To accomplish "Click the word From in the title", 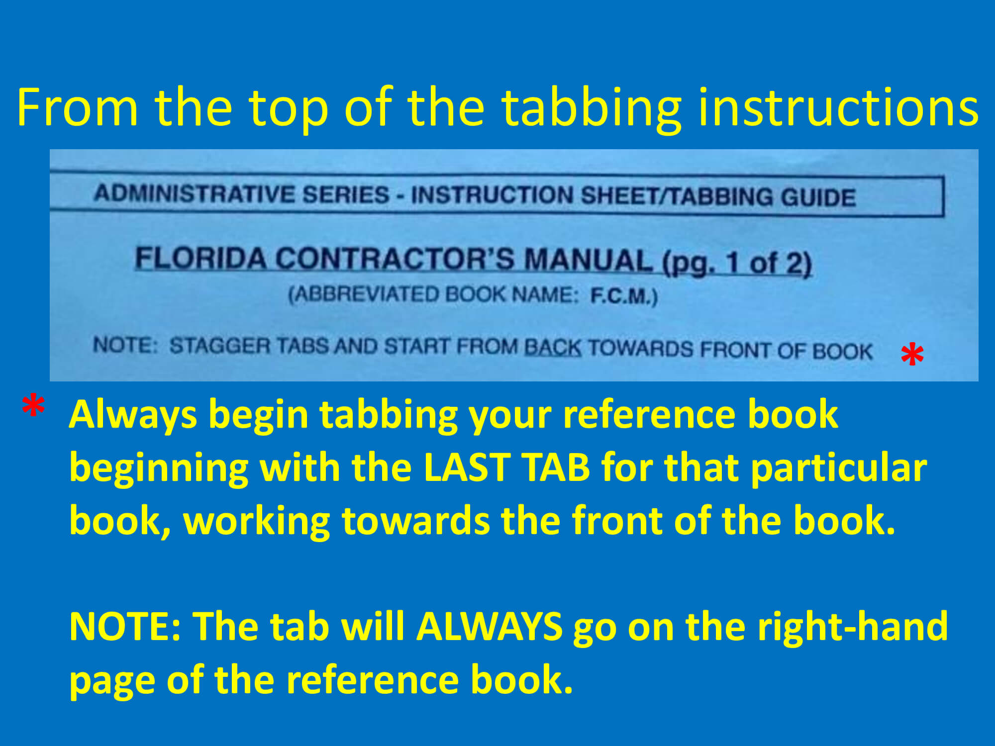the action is point(77,107).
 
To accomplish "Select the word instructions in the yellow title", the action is point(838,107).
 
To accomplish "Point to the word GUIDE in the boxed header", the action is point(818,197).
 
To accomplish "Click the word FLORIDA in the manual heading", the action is point(201,258).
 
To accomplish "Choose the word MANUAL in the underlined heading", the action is point(589,260).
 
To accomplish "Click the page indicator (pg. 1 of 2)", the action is point(737,263).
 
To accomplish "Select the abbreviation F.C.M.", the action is point(622,296).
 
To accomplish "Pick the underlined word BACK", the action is point(553,348).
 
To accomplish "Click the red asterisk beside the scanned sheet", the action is point(912,355).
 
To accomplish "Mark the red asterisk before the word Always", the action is point(33,406).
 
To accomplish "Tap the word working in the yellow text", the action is point(257,522).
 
